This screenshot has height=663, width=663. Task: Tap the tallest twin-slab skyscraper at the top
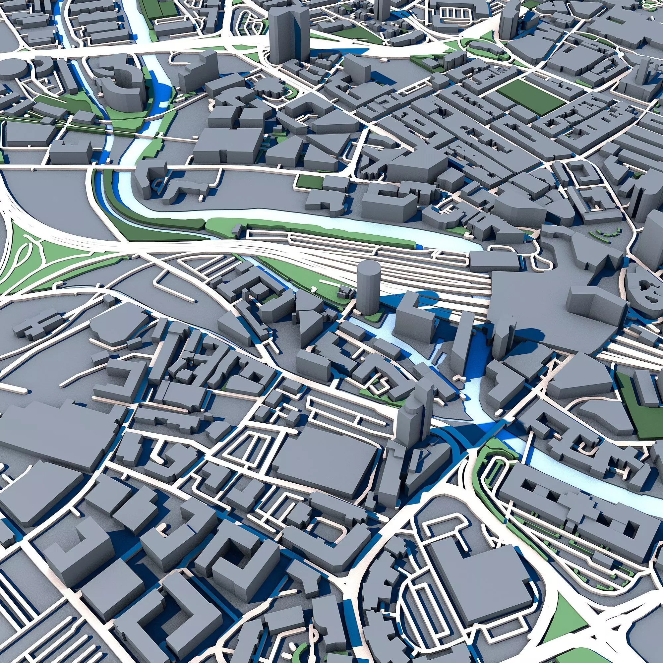pos(289,34)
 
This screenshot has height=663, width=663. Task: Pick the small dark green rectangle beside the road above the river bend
pos(309,182)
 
